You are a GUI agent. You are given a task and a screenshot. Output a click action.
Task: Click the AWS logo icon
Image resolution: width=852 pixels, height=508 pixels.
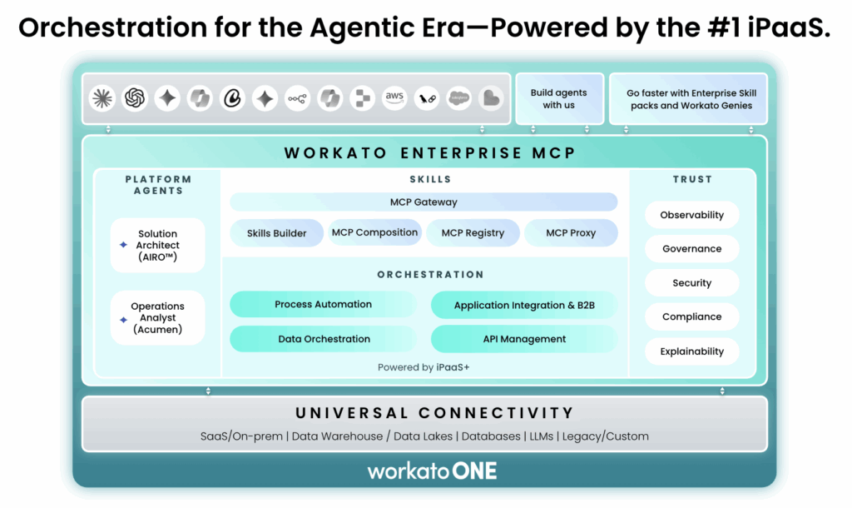point(394,98)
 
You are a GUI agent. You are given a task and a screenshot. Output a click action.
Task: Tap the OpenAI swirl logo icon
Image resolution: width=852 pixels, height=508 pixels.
point(135,98)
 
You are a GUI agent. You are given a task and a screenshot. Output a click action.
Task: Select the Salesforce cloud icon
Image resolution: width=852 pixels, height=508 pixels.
point(458,98)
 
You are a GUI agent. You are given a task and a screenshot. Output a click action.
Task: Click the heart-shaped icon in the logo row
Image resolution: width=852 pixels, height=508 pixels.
point(491,98)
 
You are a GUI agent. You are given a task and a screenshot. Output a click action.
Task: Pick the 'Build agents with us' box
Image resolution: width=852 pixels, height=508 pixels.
point(558,99)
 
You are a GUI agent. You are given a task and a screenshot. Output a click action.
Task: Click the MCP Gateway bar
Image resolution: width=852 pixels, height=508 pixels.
point(424,202)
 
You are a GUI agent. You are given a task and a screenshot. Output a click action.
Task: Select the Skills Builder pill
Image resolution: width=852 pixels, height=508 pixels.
point(276,233)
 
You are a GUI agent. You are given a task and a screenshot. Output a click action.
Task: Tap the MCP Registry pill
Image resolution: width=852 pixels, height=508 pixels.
point(473,233)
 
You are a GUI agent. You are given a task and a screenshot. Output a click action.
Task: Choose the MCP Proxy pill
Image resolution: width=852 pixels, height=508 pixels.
point(571,233)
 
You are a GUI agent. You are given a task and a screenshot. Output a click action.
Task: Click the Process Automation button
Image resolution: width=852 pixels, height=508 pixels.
point(323,304)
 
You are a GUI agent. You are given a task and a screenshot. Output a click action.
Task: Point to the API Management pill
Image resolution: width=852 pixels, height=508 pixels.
point(524,339)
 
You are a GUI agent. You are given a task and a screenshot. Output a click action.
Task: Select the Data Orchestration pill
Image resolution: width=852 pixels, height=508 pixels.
point(324,339)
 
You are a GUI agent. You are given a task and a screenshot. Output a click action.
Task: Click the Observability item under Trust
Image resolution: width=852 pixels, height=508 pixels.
point(691,215)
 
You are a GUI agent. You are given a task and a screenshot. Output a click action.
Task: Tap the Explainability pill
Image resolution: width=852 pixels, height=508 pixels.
point(691,351)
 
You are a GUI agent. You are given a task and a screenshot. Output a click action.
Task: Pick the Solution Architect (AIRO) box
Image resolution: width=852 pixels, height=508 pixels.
point(157,245)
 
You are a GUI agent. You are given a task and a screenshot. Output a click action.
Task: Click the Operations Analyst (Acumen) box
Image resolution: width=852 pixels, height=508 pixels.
point(157,317)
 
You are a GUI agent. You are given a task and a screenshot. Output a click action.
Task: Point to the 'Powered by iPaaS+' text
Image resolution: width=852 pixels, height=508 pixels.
point(424,367)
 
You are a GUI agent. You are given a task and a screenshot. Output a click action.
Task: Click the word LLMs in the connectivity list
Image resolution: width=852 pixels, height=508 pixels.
point(541,436)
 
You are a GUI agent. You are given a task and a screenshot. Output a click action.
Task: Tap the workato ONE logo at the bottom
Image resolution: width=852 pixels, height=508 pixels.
point(432,471)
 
